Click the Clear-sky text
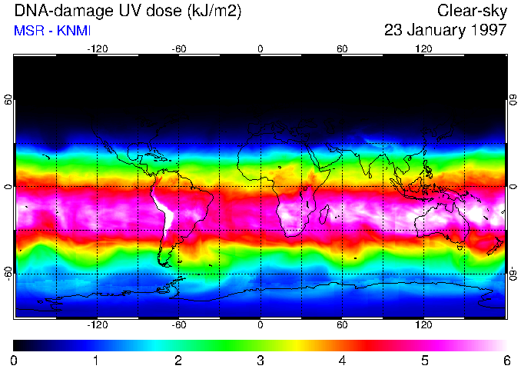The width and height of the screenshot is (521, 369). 472,12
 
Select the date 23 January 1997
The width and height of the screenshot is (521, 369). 445,31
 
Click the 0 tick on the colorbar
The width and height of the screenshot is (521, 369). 15,360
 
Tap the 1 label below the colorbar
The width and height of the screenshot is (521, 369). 96,360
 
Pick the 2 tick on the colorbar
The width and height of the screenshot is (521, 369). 178,360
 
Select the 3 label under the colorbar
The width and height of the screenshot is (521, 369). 260,360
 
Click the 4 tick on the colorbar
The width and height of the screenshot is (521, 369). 342,360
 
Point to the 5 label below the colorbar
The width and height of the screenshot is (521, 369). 424,360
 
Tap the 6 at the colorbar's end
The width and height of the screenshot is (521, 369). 506,360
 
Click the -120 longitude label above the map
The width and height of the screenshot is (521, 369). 97,49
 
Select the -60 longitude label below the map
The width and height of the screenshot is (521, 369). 179,325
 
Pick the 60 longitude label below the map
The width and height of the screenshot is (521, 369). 342,325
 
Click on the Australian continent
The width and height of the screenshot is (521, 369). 442,222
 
